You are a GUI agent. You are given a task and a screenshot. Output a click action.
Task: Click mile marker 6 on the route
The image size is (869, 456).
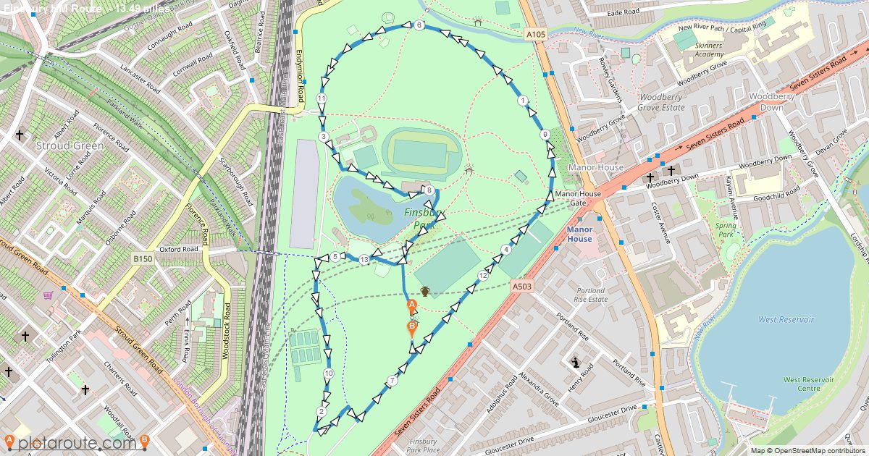pos(419,25)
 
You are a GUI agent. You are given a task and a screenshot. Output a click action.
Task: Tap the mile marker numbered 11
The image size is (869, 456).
pos(322,98)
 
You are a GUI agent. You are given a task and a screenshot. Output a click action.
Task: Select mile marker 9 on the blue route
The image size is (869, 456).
pos(545,135)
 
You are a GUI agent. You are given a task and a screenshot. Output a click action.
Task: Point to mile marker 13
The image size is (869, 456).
pos(364,260)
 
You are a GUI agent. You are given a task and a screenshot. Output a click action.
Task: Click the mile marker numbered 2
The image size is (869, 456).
pos(321,412)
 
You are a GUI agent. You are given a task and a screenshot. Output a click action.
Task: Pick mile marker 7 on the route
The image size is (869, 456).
pos(392,381)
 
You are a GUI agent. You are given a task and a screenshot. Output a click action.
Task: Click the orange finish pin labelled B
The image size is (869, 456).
pos(411,329)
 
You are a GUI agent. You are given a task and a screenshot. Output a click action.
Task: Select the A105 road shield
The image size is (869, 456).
pos(536,34)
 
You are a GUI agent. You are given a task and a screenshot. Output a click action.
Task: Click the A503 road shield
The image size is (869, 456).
pos(522,287)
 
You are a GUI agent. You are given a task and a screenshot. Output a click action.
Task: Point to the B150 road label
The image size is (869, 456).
pos(143,258)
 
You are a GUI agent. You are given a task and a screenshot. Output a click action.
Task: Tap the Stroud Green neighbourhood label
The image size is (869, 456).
pos(70,145)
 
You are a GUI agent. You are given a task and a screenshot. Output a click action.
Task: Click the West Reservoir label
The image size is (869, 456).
pos(786,319)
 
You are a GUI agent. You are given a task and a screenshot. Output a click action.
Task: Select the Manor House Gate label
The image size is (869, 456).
pos(578,198)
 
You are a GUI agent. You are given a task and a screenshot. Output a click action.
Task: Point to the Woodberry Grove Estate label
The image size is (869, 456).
pos(660,102)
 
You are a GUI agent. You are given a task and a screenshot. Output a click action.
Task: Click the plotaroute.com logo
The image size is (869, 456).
pos(77,442)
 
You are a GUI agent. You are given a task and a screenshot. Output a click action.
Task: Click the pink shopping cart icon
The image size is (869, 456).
pos(48,295)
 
